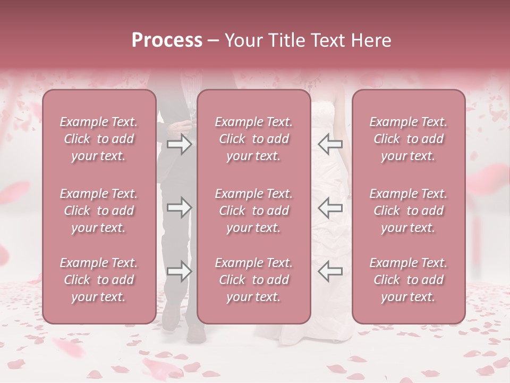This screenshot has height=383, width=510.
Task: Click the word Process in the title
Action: (167, 40)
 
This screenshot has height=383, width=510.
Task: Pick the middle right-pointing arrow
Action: (179, 208)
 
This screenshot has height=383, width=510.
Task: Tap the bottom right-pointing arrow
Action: (179, 272)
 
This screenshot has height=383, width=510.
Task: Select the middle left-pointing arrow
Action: (330, 208)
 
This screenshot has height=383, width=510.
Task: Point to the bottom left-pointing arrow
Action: (330, 272)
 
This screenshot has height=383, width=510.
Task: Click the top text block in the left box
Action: (99, 139)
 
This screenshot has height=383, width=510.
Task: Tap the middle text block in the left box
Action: (99, 211)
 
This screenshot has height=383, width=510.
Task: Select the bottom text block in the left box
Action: (99, 280)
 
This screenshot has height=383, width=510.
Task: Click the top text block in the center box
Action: (254, 139)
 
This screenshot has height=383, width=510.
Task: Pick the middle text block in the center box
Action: (254, 211)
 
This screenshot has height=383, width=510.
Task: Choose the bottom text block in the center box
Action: (254, 280)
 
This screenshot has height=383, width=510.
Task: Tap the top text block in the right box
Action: (409, 139)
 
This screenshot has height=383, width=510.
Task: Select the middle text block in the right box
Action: (409, 211)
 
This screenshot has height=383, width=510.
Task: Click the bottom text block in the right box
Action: (409, 280)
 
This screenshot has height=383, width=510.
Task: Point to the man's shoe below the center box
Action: (196, 333)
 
